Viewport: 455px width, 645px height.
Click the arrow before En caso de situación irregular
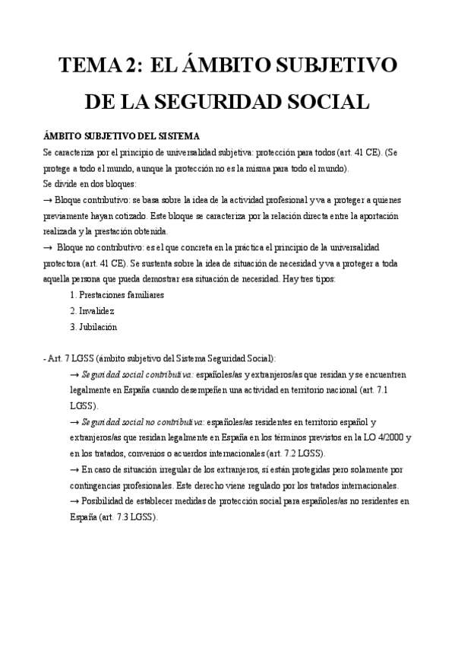click(x=74, y=470)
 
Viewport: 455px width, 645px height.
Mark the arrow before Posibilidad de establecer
click(x=74, y=501)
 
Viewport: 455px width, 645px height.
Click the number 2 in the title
click(x=131, y=66)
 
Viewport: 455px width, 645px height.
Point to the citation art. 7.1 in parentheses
click(x=376, y=390)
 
